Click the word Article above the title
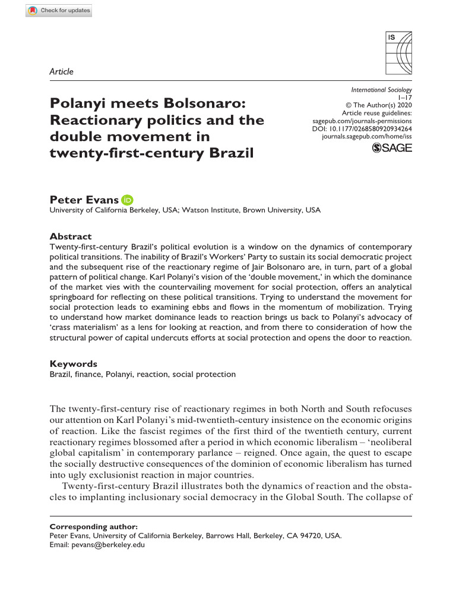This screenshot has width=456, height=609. click(62, 71)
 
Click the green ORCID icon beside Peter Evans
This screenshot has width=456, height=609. click(128, 200)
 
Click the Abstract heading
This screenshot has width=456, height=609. click(70, 236)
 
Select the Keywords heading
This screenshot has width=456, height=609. click(73, 364)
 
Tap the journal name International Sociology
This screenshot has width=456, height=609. click(382, 90)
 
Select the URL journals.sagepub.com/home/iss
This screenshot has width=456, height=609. click(366, 136)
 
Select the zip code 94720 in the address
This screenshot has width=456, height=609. click(311, 535)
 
